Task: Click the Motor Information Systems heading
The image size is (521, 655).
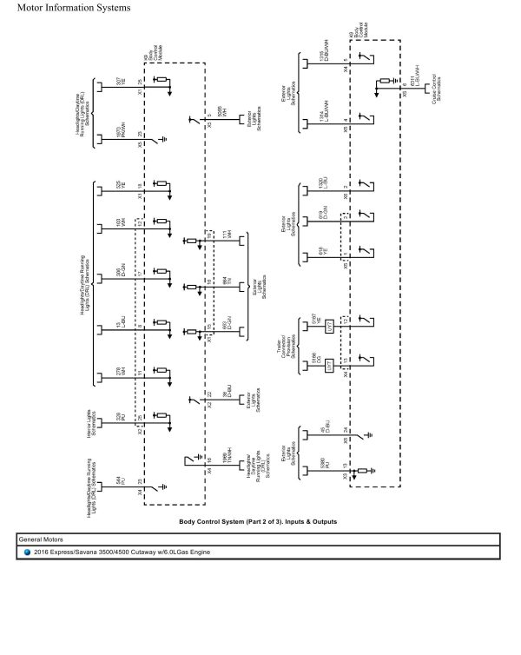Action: point(68,8)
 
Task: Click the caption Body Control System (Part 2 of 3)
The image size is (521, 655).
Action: point(257,521)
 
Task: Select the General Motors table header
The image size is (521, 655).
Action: point(43,539)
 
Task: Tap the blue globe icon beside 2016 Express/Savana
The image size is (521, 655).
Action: point(27,552)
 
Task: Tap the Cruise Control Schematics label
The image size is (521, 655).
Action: point(432,86)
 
